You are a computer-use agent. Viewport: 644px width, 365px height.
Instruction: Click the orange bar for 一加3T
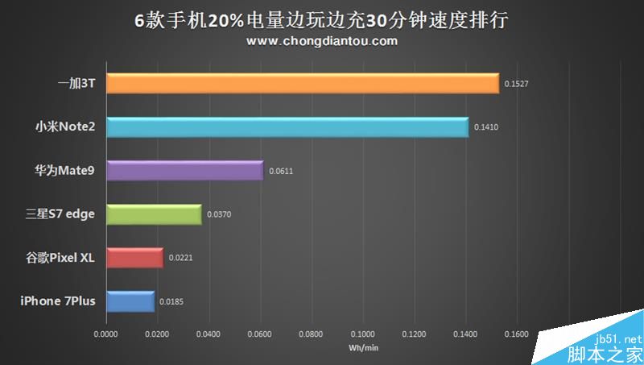(x=302, y=84)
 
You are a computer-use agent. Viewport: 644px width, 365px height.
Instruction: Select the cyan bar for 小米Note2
(x=287, y=127)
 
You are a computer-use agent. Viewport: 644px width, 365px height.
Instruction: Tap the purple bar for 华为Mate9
(x=184, y=171)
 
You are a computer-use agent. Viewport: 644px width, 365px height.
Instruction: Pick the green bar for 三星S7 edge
(x=153, y=214)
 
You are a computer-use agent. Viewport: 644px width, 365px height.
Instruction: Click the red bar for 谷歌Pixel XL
(x=134, y=258)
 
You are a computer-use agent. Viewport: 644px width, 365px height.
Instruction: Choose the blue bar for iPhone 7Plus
(x=129, y=301)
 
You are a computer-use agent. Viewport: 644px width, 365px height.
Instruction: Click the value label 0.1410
(x=485, y=127)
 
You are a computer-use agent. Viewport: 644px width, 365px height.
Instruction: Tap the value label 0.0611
(x=281, y=171)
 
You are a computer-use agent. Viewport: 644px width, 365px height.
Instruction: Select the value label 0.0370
(x=219, y=214)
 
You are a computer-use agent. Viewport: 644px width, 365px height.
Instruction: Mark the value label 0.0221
(x=180, y=258)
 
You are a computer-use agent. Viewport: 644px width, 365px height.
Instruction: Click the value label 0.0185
(x=171, y=301)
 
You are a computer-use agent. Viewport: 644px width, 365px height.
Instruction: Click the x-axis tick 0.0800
(x=312, y=332)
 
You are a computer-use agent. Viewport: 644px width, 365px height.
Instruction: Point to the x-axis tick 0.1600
(x=518, y=332)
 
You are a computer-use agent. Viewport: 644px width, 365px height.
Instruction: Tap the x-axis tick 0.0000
(x=105, y=332)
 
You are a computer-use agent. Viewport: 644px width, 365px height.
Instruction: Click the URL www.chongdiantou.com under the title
(x=322, y=40)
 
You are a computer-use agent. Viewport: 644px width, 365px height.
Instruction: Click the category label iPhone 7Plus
(x=58, y=301)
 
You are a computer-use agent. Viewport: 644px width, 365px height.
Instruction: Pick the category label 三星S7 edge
(x=61, y=214)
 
